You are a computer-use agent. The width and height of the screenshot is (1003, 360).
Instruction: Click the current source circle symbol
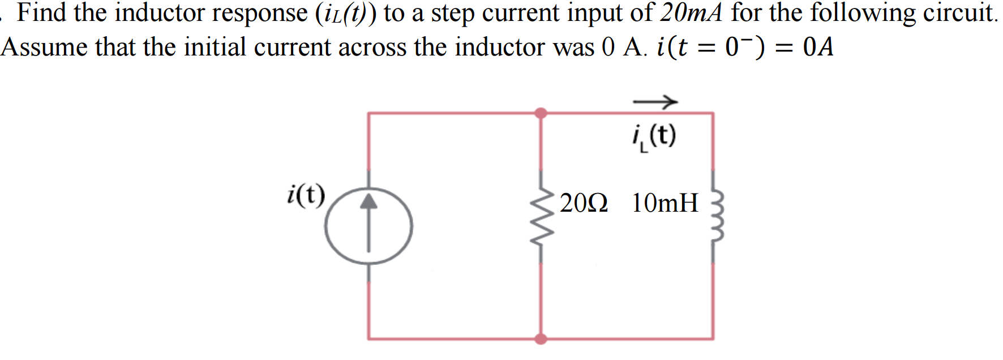(368, 226)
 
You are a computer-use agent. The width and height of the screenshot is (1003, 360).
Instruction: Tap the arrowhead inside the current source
(368, 201)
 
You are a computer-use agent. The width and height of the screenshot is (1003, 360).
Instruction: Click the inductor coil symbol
(716, 217)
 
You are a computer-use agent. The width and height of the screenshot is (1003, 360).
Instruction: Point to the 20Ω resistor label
(584, 203)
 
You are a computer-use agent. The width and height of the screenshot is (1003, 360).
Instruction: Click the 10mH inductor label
(665, 203)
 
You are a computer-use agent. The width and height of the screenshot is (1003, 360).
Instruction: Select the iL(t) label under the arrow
(654, 136)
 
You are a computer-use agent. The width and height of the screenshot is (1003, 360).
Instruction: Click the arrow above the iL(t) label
(655, 102)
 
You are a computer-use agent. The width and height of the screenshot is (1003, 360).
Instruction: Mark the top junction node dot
(541, 113)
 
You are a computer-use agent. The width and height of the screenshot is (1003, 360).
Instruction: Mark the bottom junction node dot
(541, 339)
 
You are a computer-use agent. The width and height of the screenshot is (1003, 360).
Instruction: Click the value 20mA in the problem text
(691, 12)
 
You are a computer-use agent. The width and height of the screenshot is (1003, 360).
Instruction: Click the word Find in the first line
(42, 12)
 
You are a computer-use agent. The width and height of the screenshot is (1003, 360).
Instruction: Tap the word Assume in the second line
(44, 47)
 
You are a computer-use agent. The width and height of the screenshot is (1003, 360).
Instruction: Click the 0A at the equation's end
(818, 47)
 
